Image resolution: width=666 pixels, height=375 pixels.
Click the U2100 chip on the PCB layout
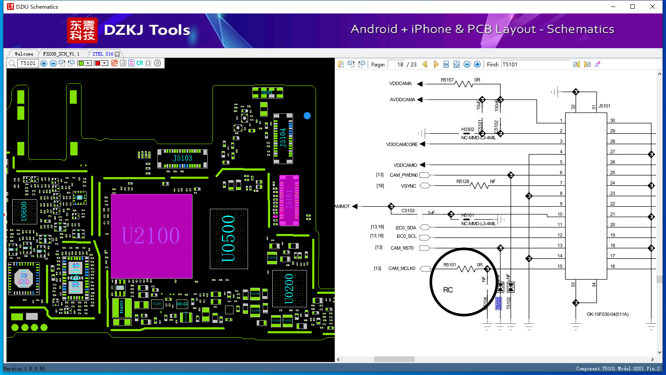[151, 236]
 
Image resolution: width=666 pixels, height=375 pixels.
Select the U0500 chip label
[228, 238]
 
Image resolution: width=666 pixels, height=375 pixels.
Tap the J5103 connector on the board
[183, 158]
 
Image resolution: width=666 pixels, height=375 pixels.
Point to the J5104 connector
[283, 138]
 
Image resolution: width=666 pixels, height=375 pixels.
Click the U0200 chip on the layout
[289, 288]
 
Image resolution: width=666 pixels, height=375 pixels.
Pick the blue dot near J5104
[307, 115]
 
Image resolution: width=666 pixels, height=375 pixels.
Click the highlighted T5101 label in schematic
[499, 303]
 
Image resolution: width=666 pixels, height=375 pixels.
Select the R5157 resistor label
[447, 80]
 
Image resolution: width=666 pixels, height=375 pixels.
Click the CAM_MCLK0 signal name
[402, 269]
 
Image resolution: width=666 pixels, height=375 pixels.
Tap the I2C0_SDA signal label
[405, 227]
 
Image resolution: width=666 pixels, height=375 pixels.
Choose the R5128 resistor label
[463, 181]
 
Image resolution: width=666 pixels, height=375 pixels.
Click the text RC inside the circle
[448, 290]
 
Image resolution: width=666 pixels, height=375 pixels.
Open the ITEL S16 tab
[103, 54]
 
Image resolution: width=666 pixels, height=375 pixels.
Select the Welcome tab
[24, 54]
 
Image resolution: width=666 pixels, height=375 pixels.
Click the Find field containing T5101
[535, 64]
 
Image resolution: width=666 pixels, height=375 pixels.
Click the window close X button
[653, 7]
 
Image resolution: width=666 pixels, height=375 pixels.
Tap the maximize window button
[633, 7]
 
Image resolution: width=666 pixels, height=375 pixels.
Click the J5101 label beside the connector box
[604, 106]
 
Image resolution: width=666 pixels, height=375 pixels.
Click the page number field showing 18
[397, 64]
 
